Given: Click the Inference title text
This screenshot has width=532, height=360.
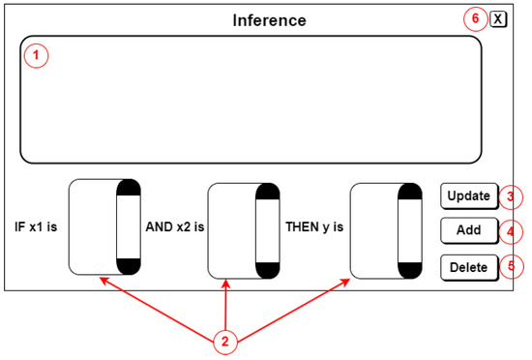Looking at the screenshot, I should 269,20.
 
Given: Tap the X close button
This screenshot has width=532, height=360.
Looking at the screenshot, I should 497,18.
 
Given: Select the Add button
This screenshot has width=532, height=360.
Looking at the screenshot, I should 469,231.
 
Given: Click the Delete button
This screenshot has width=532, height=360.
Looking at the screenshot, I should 469,267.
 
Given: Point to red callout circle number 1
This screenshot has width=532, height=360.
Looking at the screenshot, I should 36,56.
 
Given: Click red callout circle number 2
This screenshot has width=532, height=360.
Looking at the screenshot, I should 224,341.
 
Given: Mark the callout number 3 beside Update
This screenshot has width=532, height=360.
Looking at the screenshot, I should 511,196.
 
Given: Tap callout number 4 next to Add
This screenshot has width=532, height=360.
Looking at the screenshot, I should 511,232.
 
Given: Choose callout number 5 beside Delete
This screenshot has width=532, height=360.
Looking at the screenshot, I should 511,267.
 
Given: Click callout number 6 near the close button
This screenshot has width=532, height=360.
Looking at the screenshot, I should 474,18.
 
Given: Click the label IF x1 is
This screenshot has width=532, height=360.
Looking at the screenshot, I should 36,228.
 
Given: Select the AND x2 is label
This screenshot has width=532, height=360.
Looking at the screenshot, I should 174,228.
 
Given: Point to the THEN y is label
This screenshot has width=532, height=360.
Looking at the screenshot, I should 314,228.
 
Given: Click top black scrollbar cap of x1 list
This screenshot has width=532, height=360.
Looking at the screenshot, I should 129,188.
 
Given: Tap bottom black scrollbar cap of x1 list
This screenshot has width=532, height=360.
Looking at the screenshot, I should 129,264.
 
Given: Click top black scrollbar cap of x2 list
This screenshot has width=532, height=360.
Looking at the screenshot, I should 268,192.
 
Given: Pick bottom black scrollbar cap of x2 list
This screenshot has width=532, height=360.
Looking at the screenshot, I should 268,268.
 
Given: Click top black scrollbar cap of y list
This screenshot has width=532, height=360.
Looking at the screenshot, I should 409,192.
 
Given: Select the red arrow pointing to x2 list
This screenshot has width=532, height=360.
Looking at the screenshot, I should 225,305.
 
